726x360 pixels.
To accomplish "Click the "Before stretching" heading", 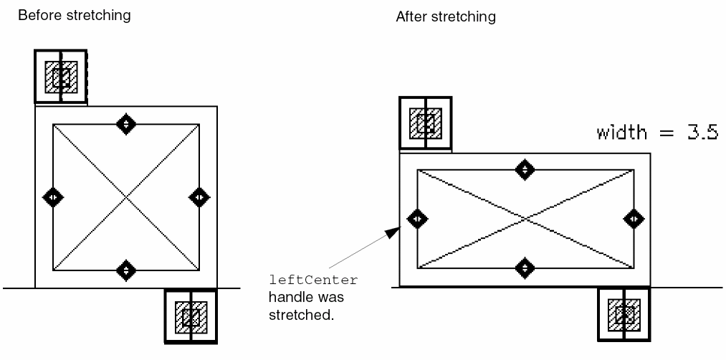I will (x=75, y=15).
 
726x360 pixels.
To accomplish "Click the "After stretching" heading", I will (x=446, y=16).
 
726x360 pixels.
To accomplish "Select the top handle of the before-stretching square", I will (x=126, y=123).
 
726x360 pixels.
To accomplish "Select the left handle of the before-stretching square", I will (x=52, y=196).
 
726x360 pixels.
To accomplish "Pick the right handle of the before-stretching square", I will (x=199, y=196).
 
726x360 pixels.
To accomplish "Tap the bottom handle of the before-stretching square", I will (x=126, y=270).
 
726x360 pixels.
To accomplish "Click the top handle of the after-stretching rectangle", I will (x=525, y=169).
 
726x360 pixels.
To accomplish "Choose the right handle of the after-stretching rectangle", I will (x=634, y=219).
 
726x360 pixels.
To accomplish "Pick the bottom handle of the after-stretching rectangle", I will (x=525, y=268).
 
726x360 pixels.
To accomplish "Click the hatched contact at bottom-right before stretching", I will (x=191, y=316).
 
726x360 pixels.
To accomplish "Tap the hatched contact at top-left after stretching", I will (x=425, y=123).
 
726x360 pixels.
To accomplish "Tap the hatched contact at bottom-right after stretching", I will (x=624, y=313).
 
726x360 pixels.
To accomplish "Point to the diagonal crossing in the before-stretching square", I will (x=126, y=196).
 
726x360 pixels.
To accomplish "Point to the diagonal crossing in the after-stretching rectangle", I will (x=525, y=219).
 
